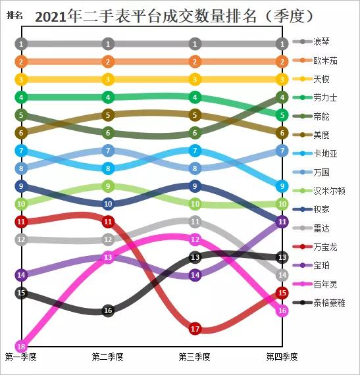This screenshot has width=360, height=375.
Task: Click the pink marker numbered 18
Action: tap(22, 346)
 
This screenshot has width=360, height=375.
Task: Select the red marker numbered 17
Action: tap(195, 328)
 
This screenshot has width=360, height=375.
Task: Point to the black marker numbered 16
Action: tap(109, 311)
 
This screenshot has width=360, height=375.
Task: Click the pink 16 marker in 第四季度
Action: tap(282, 311)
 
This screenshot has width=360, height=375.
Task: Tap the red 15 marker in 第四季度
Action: tap(282, 293)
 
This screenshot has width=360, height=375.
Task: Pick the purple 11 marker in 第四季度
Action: tap(282, 222)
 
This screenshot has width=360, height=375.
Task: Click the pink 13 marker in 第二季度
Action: tap(109, 257)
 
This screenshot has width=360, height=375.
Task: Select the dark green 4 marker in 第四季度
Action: tap(282, 97)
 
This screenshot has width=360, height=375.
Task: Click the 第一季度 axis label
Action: tap(21, 357)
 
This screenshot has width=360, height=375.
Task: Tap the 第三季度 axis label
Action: tap(195, 357)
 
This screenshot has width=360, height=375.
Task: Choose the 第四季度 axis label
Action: tap(282, 357)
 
